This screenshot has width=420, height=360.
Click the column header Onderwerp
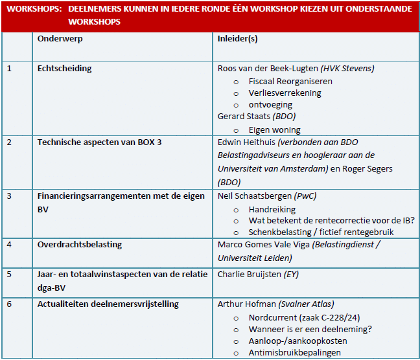pyautogui.click(x=60, y=39)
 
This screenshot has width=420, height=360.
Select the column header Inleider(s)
pyautogui.click(x=238, y=39)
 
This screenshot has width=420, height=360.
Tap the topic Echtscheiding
pyautogui.click(x=65, y=69)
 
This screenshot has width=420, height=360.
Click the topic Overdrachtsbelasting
pyautogui.click(x=80, y=245)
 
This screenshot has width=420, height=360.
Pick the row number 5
pyautogui.click(x=9, y=275)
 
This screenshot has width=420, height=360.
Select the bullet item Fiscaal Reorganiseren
pyautogui.click(x=290, y=82)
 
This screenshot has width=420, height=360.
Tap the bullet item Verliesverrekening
pyautogui.click(x=285, y=93)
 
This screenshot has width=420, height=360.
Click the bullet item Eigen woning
pyautogui.click(x=275, y=129)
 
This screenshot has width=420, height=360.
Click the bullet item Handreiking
pyautogui.click(x=272, y=209)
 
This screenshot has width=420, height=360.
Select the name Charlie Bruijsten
pyautogui.click(x=250, y=275)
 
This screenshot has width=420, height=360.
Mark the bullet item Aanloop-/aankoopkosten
pyautogui.click(x=297, y=341)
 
